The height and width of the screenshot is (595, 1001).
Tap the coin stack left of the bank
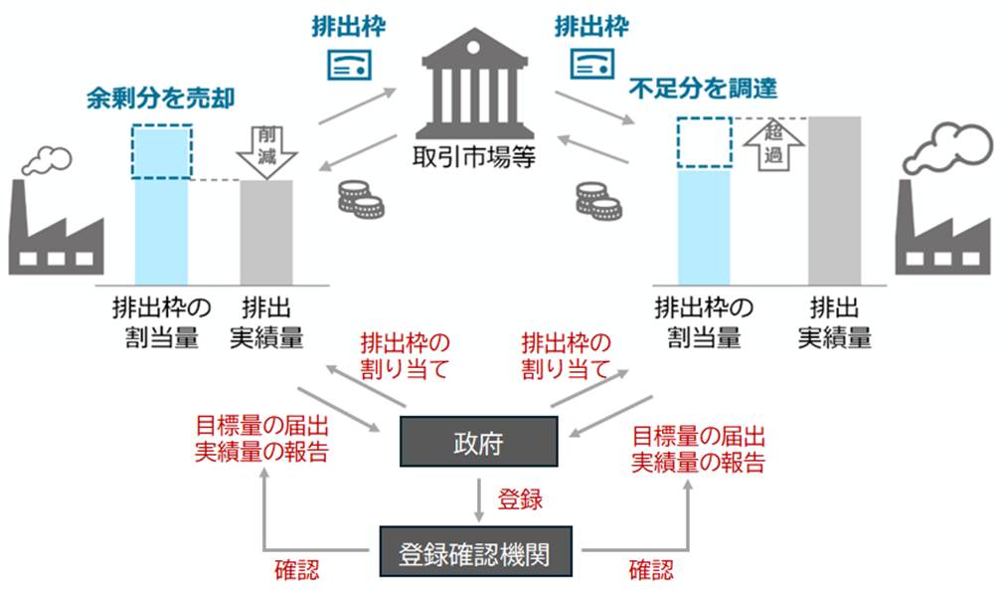point(360,198)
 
